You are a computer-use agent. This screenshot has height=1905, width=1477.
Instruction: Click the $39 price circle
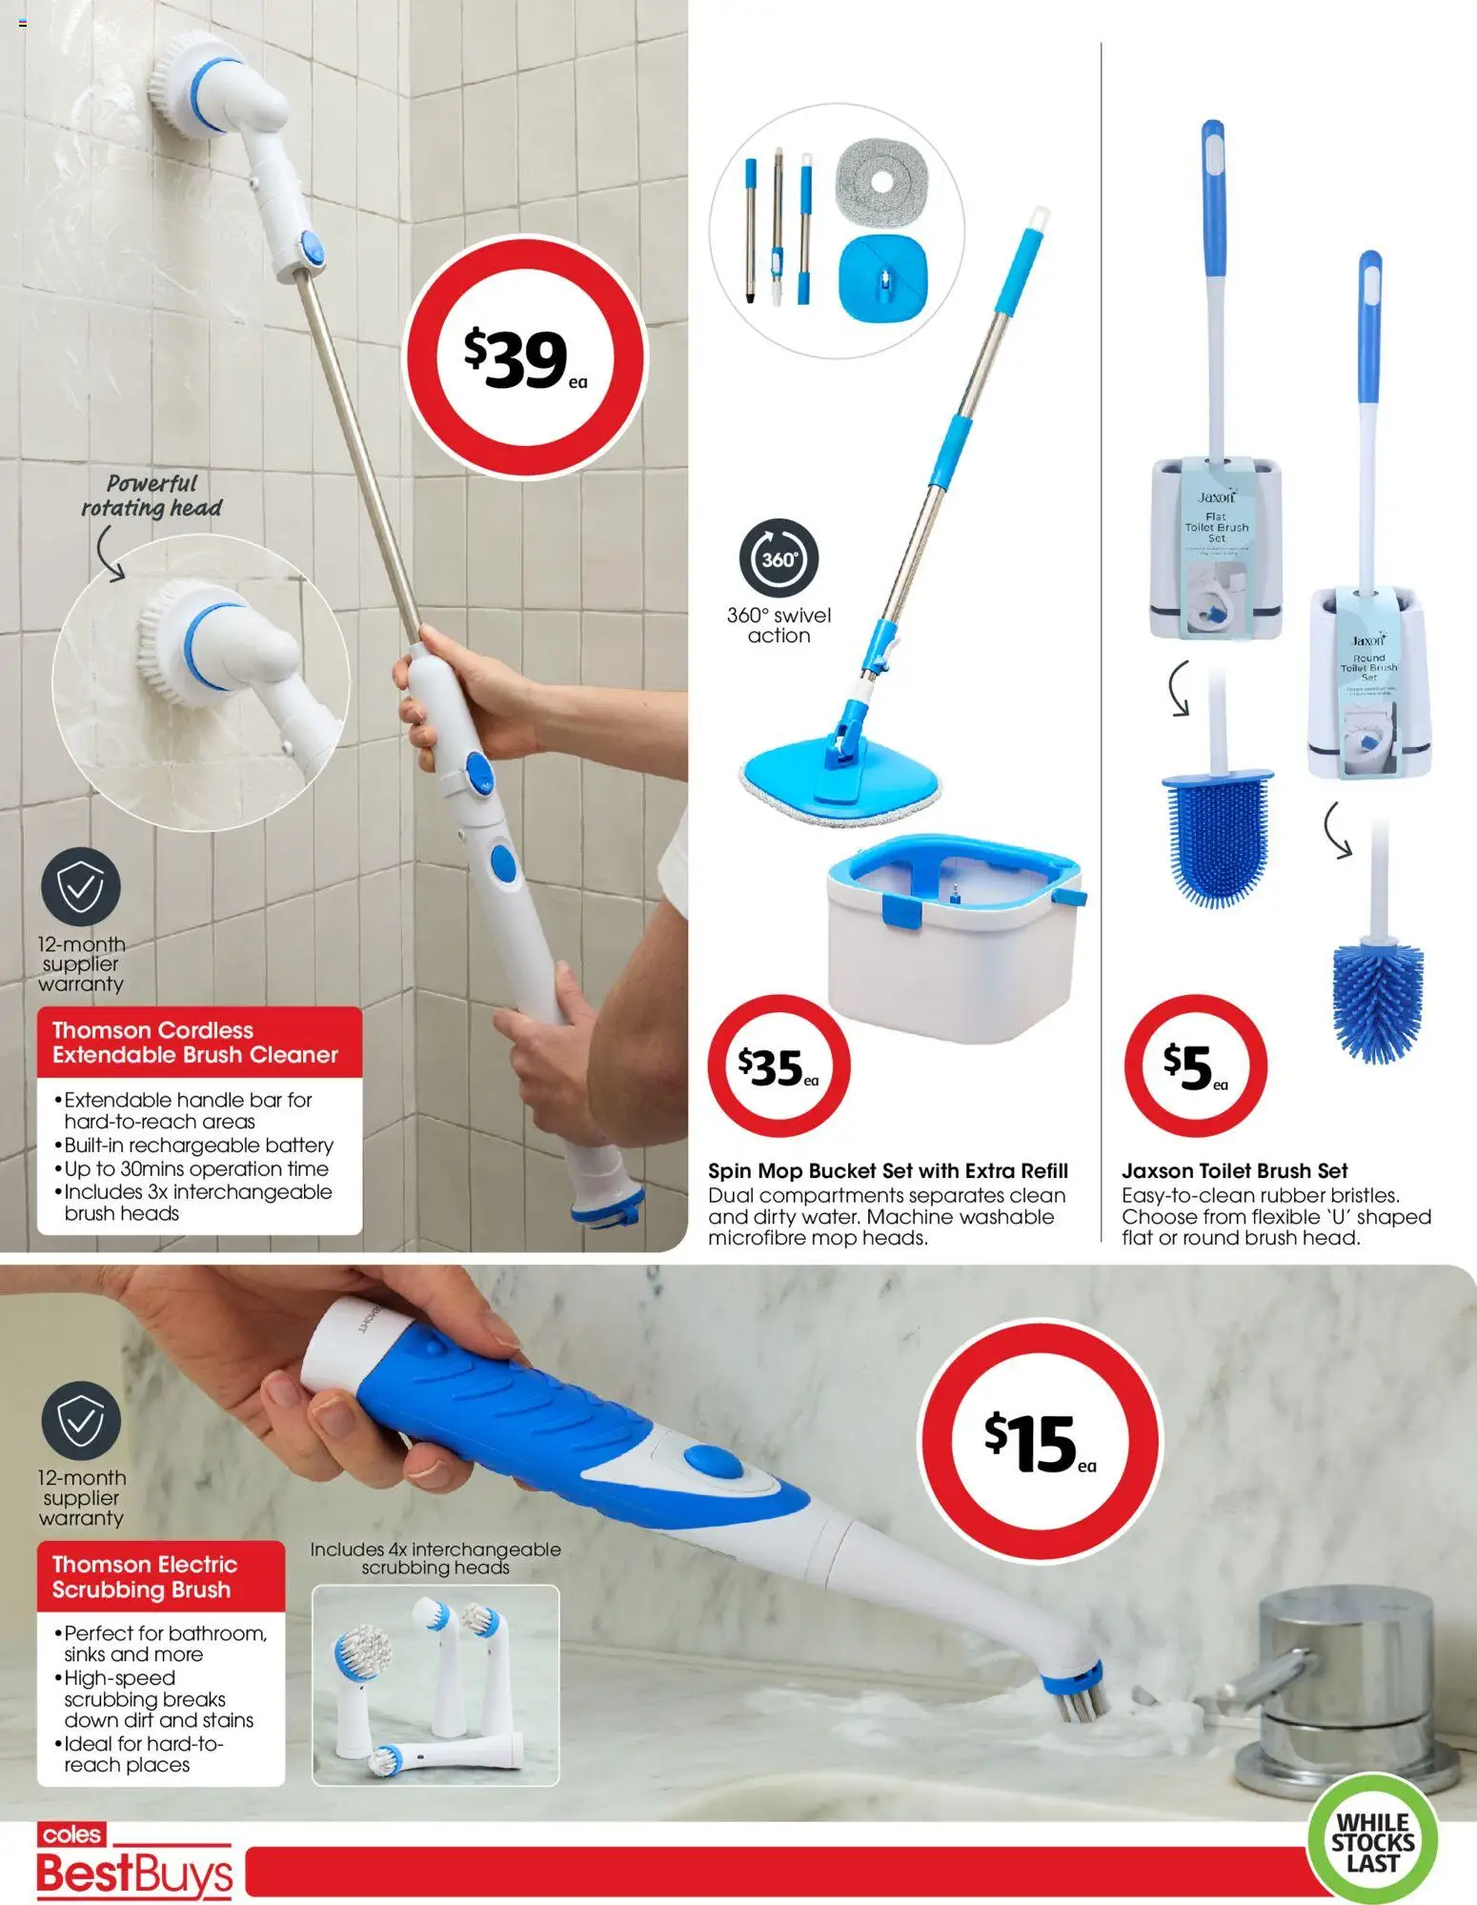tap(525, 357)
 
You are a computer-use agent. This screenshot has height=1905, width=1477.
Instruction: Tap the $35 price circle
tap(779, 1066)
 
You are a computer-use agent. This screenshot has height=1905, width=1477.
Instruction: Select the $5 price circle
tap(1195, 1066)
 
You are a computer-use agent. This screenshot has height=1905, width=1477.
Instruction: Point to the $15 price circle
tap(1040, 1441)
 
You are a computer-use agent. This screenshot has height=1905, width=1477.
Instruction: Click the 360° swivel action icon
tap(779, 559)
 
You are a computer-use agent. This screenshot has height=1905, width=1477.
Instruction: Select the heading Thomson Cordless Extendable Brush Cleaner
tap(195, 1043)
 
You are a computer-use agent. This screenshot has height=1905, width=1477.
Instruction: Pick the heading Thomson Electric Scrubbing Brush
tap(145, 1577)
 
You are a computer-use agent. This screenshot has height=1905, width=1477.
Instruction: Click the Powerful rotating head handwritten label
tap(152, 497)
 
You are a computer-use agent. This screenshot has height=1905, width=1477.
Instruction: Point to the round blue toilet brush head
tap(1377, 1001)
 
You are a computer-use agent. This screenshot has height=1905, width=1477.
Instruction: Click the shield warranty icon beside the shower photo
tap(81, 887)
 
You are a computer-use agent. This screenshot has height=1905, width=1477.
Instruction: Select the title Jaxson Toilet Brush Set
tap(1234, 1170)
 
